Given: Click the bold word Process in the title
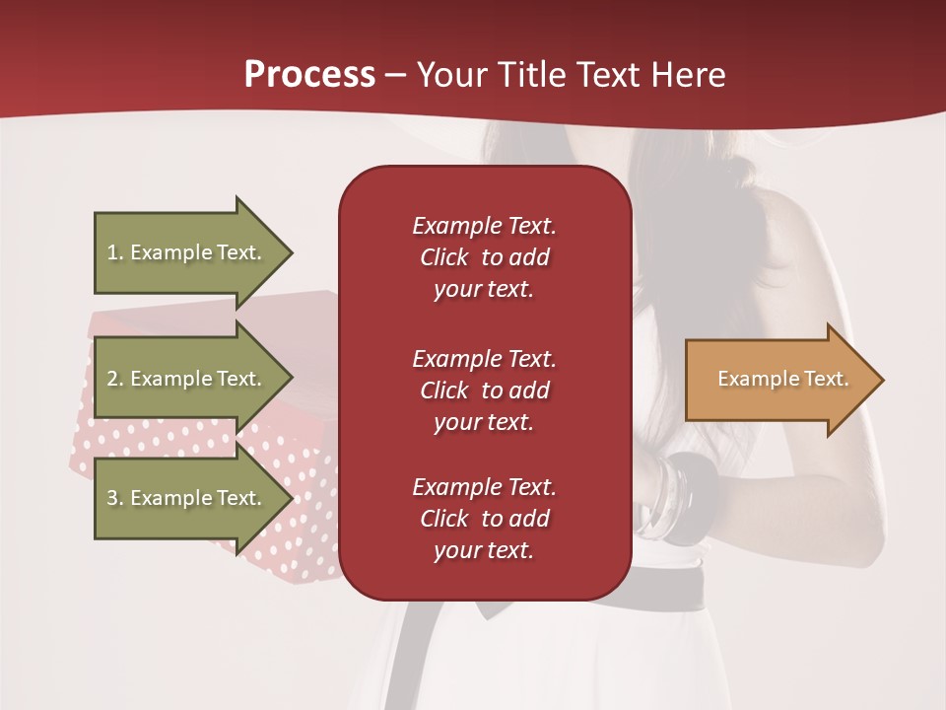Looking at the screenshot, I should pos(309,75).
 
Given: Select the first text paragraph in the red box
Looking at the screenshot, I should pos(484,257).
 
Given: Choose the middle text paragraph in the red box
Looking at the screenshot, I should pos(484,390).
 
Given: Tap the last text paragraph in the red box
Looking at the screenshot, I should pos(484,519).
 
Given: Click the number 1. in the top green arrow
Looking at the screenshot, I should pos(114,252).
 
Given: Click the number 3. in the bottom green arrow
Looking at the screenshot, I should pos(114,498).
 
